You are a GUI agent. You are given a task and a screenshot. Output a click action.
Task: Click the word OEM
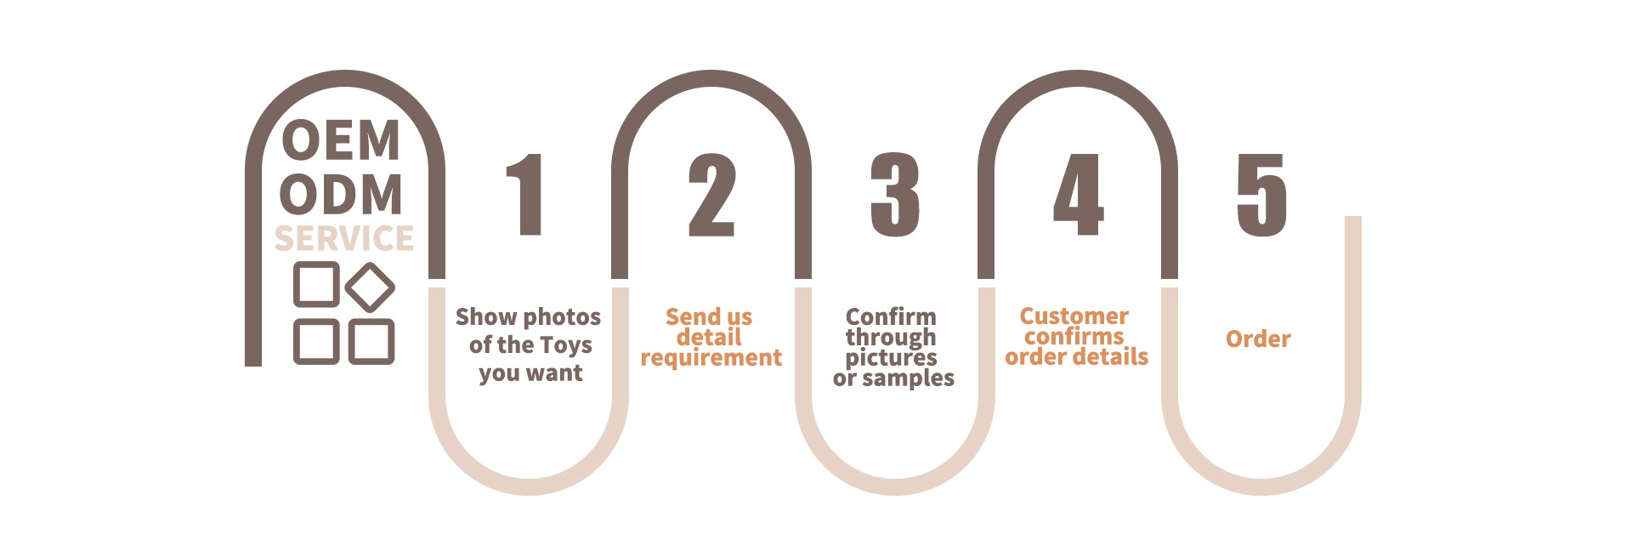[x=341, y=141]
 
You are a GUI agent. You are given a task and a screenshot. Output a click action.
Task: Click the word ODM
[x=341, y=195]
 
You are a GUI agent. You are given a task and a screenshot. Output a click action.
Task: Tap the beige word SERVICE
[x=344, y=239]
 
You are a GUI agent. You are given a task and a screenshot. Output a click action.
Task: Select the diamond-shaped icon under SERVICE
[x=370, y=287]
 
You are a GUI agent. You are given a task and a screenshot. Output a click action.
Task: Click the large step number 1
[x=527, y=195]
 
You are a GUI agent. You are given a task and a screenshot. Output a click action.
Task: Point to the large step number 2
[x=711, y=195]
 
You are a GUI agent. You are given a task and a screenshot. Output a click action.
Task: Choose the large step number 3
[x=895, y=195]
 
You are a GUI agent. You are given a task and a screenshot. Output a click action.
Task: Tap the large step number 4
[x=1079, y=195]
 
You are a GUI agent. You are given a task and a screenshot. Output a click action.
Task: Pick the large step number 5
[x=1261, y=195]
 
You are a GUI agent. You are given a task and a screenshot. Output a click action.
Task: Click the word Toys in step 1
[x=566, y=345]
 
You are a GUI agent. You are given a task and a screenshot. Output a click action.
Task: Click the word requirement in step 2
[x=711, y=358]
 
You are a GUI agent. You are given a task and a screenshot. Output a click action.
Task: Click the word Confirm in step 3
[x=891, y=316]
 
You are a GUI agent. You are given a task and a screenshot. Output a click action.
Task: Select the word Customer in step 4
[x=1074, y=316]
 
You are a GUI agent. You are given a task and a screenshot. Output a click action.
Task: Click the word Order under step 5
[x=1258, y=339]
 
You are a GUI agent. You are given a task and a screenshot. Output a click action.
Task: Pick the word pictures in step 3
[x=891, y=358]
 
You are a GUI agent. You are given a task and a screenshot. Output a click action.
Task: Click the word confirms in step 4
[x=1074, y=337]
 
